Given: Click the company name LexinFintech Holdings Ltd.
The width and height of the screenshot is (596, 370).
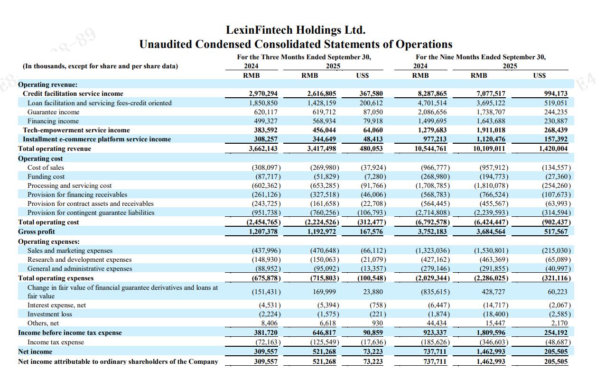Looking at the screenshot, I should coord(296,30).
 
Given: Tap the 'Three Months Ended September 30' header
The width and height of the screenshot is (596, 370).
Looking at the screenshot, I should coord(304,57).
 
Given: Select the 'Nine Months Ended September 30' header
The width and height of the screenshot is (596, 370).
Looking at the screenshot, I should coord(481,57).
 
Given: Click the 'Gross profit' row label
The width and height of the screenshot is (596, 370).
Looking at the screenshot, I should coord(37,231).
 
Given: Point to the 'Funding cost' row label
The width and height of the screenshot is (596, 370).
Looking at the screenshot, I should coord(46,176).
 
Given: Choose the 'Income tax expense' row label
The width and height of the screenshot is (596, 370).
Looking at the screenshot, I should coord(56,342).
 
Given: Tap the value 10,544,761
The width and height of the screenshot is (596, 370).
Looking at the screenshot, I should coord(430,148).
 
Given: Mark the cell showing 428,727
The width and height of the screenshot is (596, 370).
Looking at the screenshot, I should coord(494,292).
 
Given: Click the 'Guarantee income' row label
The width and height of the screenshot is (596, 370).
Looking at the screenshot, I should coord(54,112).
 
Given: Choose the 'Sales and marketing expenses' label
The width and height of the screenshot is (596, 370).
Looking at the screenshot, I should coord(70,250).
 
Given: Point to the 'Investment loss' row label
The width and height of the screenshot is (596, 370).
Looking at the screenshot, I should coord(50,314).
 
